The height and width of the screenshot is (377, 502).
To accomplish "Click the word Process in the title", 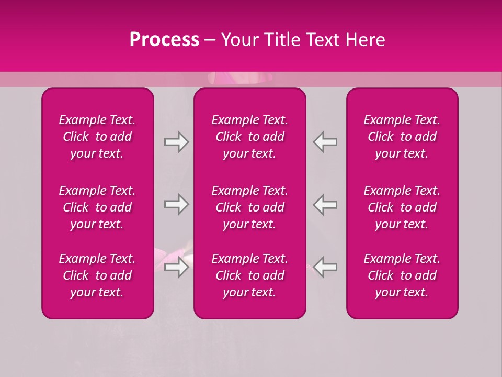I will tap(164, 40).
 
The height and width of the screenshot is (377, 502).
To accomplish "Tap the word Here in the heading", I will tap(365, 40).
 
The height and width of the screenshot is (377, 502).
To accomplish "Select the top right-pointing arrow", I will tap(177, 142).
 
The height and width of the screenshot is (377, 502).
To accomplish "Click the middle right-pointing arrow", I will tap(177, 205).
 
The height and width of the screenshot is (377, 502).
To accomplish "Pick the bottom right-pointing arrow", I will tap(177, 268).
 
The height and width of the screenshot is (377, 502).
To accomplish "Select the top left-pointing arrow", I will tap(325, 142).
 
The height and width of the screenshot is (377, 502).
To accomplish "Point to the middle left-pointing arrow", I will tap(325, 205).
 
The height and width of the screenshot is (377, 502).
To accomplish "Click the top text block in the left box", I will tap(97, 137).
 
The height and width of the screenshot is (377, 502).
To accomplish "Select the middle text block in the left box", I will tap(97, 207).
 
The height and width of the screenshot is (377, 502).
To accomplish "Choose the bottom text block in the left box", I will tap(97, 275).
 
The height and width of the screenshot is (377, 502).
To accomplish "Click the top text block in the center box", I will tap(250, 137).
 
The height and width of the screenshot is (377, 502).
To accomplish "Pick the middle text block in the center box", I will tap(250, 207).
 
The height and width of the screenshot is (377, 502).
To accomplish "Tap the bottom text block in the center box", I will tap(250, 275).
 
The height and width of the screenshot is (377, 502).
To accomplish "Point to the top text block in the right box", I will tap(402, 137).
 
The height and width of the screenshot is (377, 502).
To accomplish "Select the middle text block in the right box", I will tap(402, 207).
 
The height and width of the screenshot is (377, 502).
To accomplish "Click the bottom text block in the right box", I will tap(402, 275).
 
